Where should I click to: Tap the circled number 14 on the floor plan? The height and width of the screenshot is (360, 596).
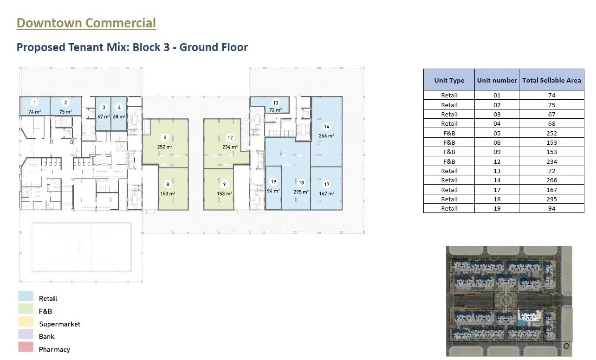coord(326,127)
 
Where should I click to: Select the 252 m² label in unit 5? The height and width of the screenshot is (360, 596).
coord(165,147)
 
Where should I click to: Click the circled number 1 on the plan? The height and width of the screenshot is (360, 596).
coord(35,103)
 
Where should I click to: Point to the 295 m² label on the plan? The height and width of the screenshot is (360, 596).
coord(301,192)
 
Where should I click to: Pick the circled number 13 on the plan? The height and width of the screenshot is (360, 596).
coord(276,103)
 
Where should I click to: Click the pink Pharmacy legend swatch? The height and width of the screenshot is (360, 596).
coord(26,347)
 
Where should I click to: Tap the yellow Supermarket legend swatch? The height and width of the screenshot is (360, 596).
coord(26,321)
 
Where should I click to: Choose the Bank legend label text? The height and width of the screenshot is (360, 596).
coord(46,337)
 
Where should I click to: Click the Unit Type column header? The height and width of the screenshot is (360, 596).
coord(449,80)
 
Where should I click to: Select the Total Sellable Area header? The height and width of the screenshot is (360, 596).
coord(551,80)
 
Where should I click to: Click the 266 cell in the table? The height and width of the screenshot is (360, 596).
coord(551,180)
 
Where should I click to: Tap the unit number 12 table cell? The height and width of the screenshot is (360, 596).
coord(497,161)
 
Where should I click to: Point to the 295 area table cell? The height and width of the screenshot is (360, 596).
coord(551,199)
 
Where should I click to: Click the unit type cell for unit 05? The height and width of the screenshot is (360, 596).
coord(449,133)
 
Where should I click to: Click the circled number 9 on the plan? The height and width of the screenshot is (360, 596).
coord(224,184)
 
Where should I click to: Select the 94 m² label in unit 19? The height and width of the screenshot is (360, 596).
coord(273,191)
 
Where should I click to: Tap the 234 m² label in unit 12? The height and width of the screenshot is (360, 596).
coord(230,147)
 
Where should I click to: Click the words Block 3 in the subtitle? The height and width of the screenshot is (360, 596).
coord(151,47)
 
